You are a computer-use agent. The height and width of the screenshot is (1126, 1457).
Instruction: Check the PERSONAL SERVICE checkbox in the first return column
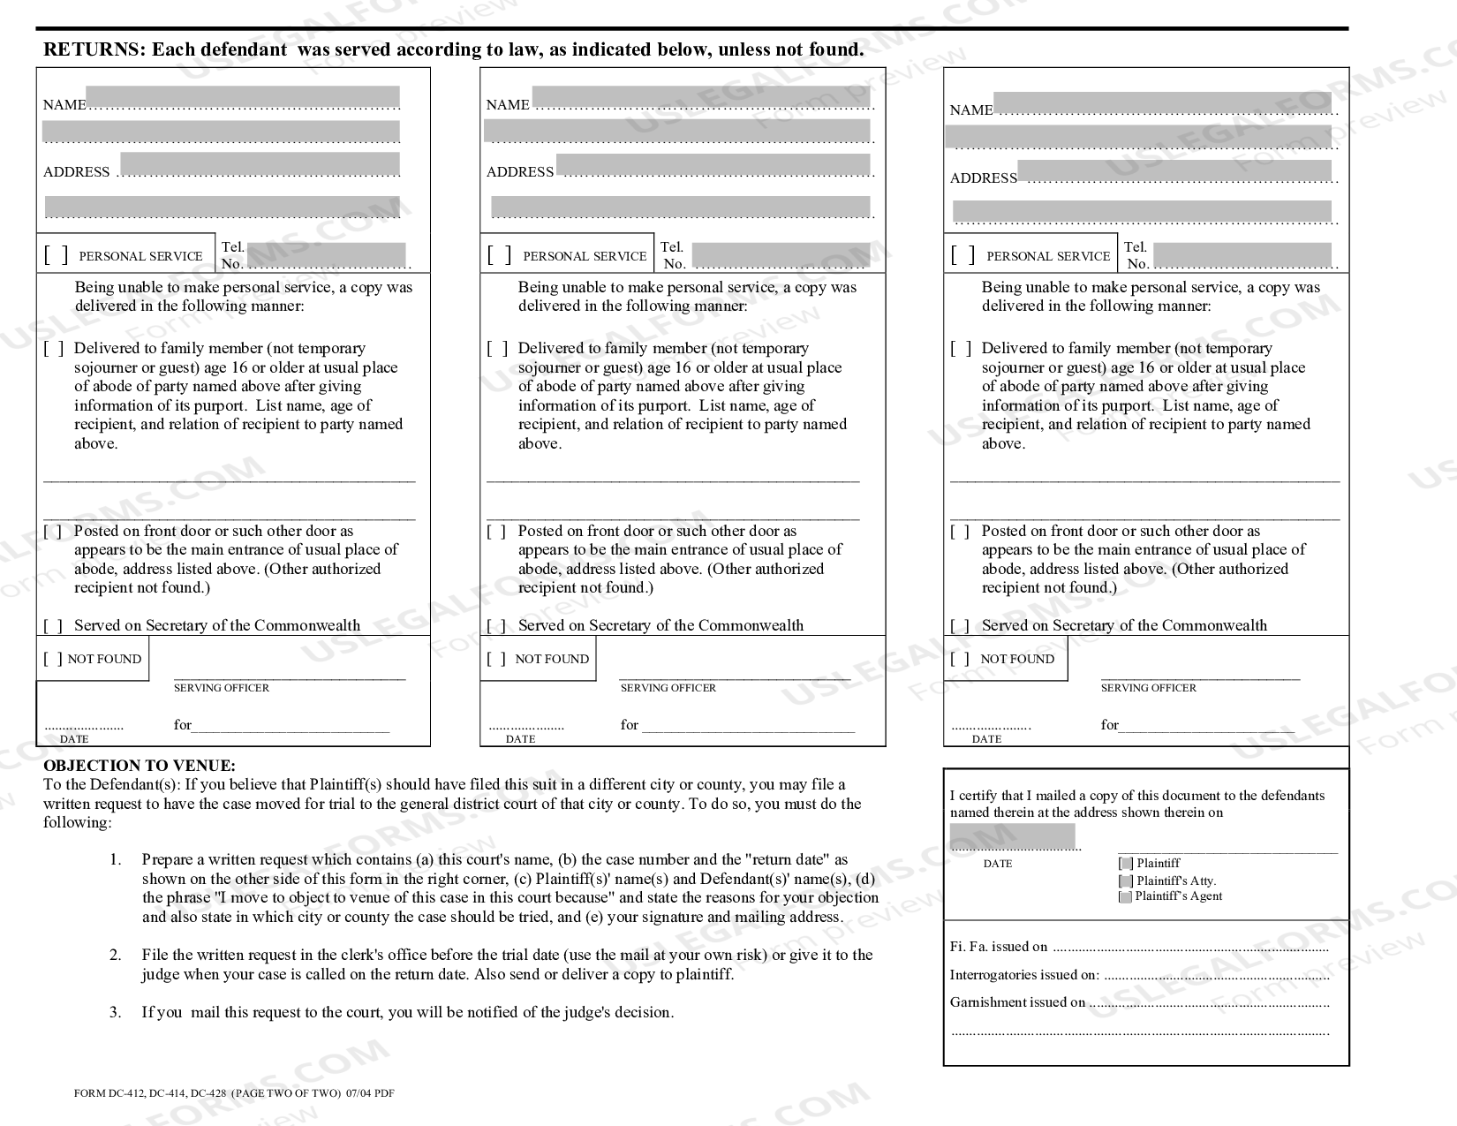pos(56,255)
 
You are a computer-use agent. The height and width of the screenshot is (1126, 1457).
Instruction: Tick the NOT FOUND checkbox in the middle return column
pos(497,659)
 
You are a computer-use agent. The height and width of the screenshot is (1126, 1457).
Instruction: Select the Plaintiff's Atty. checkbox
pos(1125,880)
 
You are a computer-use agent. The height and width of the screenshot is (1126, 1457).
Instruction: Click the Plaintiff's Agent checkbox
pos(1125,896)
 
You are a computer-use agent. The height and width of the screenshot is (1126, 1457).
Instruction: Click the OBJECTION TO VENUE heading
pos(140,766)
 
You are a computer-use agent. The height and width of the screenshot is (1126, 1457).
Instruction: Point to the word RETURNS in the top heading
pos(94,49)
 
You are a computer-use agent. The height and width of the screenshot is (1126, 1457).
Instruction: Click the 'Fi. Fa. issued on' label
pos(999,947)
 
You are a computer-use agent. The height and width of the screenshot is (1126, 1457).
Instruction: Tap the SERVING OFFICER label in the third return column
pos(1148,688)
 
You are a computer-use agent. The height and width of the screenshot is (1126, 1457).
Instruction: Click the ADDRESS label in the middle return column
pos(520,172)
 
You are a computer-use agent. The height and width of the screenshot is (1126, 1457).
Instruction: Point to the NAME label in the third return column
pos(971,110)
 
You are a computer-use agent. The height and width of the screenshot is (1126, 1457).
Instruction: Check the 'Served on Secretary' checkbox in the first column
pos(54,626)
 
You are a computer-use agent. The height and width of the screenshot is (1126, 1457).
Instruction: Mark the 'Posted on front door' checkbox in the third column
pos(960,532)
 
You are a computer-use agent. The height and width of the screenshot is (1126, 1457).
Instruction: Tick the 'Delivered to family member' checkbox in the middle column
pos(497,349)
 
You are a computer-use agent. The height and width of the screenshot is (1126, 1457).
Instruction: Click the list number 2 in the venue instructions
pos(116,955)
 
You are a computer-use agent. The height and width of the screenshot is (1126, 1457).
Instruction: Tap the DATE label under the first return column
pos(74,739)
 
